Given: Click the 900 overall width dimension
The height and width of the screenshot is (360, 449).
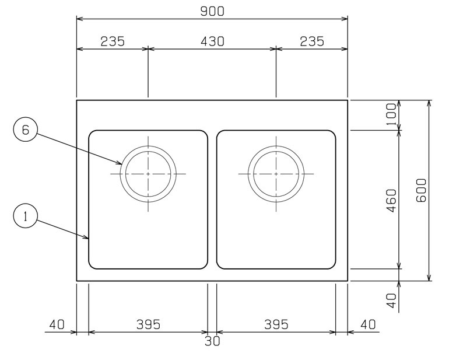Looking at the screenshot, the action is click(x=212, y=12).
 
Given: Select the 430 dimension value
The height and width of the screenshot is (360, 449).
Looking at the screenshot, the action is click(x=212, y=41).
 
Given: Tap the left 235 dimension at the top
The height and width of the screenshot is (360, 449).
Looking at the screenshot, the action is click(x=113, y=41).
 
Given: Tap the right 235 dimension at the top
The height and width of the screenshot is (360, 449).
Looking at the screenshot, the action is click(x=312, y=41).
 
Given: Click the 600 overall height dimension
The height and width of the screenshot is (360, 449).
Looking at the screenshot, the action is click(x=421, y=190).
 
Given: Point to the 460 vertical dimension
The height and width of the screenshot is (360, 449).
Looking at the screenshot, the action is click(x=391, y=200).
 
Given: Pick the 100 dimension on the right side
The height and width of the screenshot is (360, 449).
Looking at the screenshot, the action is click(x=391, y=114).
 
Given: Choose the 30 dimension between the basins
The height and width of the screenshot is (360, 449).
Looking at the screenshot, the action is click(x=212, y=341).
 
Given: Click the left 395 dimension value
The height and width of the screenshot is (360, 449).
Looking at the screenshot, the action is click(x=148, y=325).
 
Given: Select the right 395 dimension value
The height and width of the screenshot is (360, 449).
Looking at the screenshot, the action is click(x=276, y=325).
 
